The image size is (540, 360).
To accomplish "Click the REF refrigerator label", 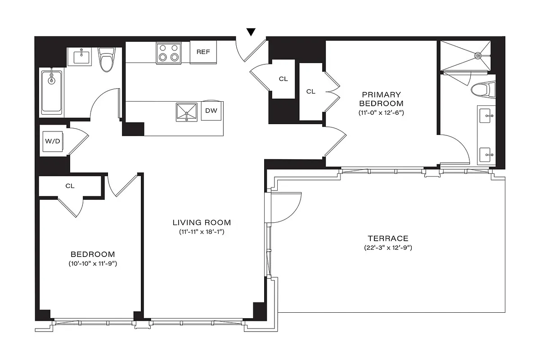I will point(203,52).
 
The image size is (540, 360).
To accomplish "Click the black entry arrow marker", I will point(251,32).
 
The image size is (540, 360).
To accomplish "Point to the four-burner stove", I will point(169,53).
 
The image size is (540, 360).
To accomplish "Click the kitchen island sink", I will point(187,112).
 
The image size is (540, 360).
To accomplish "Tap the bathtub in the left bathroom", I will point(52,92).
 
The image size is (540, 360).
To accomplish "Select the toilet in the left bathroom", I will point(106,60).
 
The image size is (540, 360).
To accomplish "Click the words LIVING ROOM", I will point(202,222).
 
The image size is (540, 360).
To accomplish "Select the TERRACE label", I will point(387,238).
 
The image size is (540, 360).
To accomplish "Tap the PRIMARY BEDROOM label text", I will point(381,99).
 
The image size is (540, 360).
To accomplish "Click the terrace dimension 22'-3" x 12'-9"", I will point(387,248).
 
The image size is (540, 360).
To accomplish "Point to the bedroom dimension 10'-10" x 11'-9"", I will point(92,264).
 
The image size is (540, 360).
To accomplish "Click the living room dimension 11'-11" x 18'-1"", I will point(202,232).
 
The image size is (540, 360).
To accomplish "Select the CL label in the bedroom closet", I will point(70,185).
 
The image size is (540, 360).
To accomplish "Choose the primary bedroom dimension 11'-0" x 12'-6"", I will point(381,112).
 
